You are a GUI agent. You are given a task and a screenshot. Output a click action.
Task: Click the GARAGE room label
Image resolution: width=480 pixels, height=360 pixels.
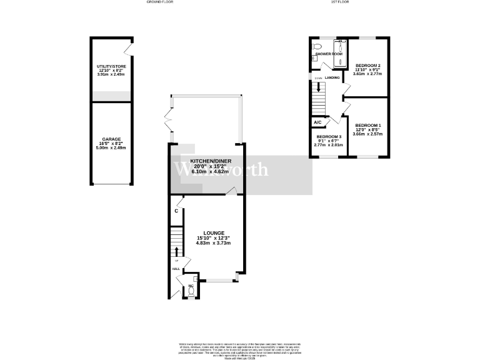[x=111, y=139]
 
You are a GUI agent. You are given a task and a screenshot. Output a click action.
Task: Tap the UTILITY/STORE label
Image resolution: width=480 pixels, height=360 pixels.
[x=111, y=65]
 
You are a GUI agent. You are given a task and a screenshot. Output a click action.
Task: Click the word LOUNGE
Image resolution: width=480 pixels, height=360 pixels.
[x=213, y=233]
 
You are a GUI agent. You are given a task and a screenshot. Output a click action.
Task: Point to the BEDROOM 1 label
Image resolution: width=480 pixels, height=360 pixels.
[x=367, y=125]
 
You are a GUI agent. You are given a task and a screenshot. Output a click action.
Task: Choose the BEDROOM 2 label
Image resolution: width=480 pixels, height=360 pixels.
[x=367, y=65]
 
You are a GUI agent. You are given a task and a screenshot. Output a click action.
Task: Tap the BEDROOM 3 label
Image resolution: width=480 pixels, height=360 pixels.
[x=328, y=137]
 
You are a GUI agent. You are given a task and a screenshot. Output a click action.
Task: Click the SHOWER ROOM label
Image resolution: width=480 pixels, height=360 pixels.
[x=328, y=54]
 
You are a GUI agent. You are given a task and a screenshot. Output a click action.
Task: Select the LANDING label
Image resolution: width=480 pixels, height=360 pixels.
[x=332, y=78]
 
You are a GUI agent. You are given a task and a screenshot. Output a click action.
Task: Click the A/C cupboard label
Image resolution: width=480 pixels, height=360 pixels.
[x=317, y=122]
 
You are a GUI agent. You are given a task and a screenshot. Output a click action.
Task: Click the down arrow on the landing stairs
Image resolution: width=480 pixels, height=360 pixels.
[x=319, y=87]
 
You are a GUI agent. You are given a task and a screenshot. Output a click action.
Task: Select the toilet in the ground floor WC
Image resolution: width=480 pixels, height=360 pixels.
[x=191, y=291]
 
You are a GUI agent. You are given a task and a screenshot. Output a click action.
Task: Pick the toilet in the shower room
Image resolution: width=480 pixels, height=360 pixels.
[x=317, y=46]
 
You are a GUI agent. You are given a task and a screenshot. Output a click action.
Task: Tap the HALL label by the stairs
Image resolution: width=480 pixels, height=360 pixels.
[x=176, y=269]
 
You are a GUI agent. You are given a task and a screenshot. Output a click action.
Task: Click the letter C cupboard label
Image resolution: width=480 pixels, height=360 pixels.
[x=176, y=211]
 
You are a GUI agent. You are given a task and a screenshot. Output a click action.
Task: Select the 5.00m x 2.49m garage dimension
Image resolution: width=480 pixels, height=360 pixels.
[x=111, y=148]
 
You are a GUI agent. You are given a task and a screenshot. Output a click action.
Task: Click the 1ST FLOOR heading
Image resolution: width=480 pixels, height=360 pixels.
[x=338, y=2]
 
